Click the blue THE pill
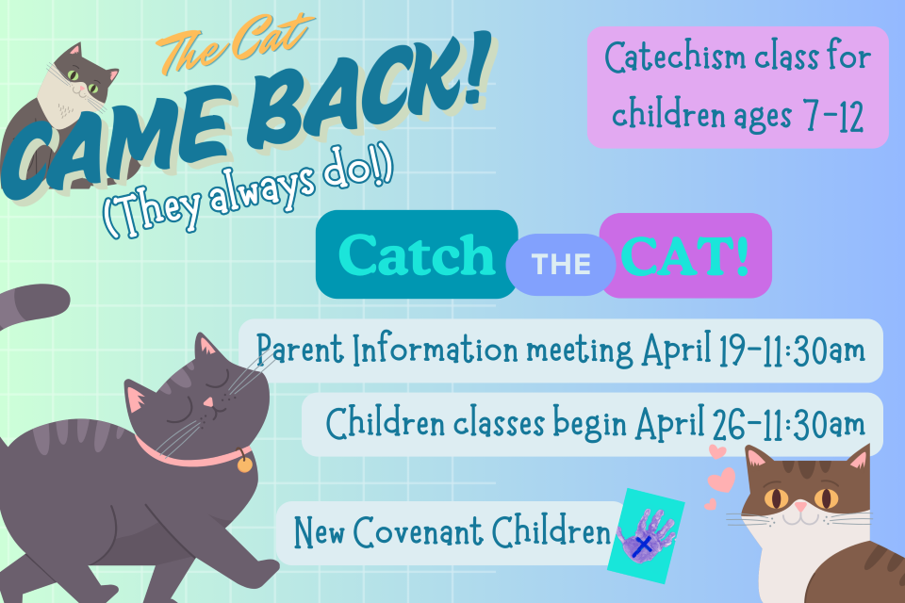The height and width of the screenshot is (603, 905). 562,265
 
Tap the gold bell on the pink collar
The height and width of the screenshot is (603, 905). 244,464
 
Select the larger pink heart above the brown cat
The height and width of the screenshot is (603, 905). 722,481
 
